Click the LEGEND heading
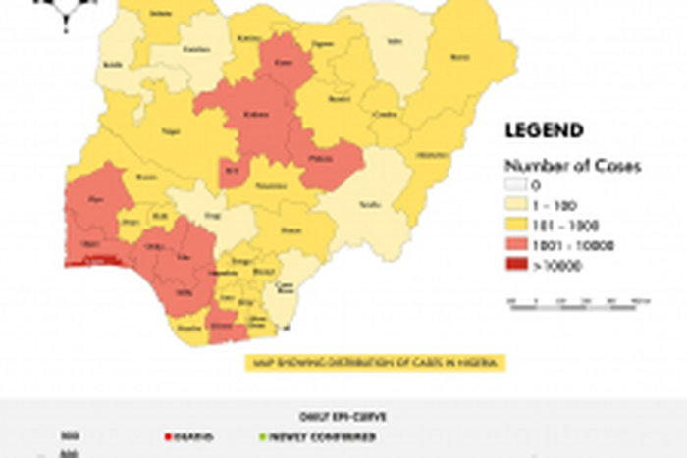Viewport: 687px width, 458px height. pyautogui.click(x=544, y=130)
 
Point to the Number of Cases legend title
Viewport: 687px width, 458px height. pyautogui.click(x=572, y=165)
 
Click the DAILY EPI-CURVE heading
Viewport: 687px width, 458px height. pyautogui.click(x=343, y=415)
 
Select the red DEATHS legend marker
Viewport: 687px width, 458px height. pyautogui.click(x=167, y=437)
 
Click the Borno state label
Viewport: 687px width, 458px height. pyautogui.click(x=457, y=58)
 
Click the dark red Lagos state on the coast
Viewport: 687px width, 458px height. pyautogui.click(x=93, y=262)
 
